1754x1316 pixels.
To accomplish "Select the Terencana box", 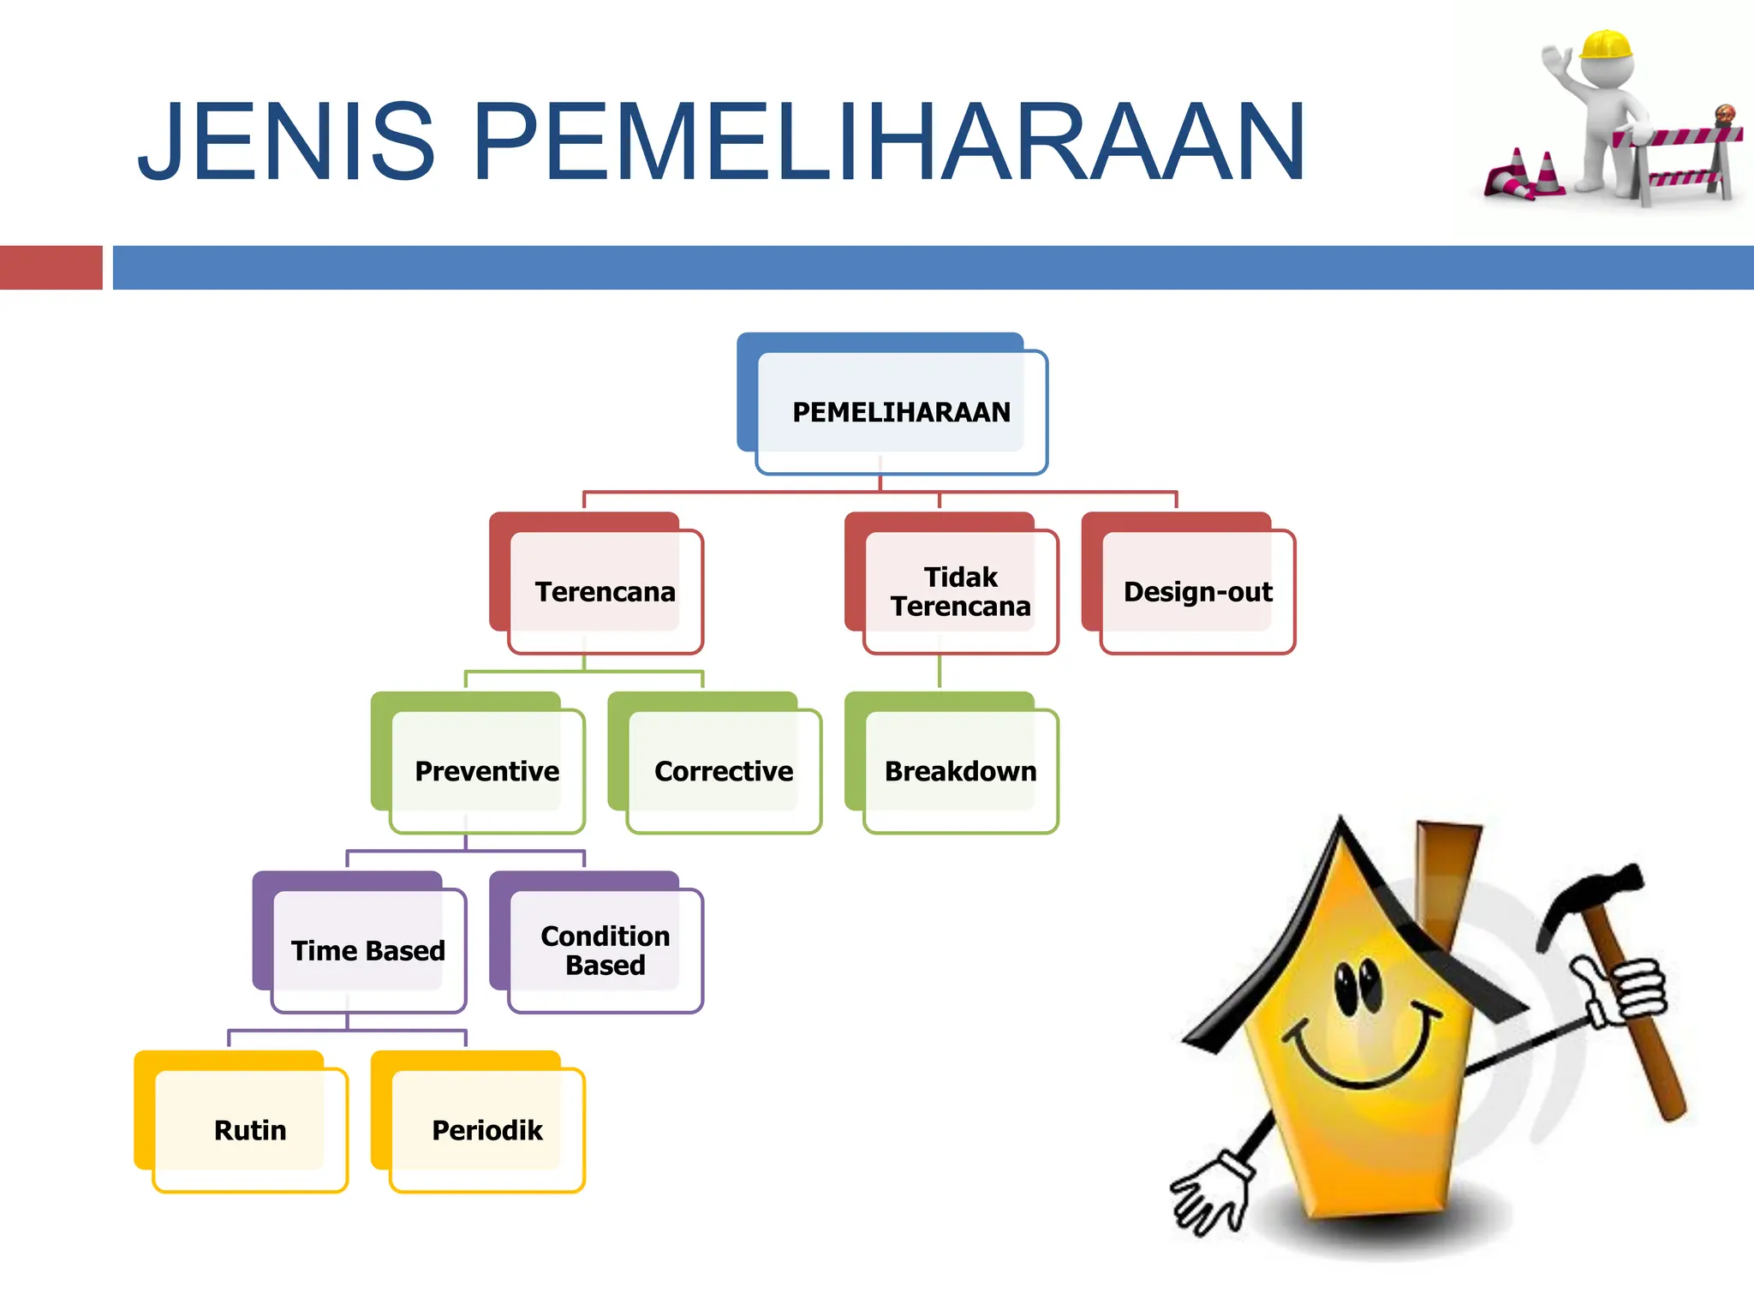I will click(x=605, y=592).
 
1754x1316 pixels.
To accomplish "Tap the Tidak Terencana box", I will click(x=960, y=592).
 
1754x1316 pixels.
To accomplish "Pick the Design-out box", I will click(x=1197, y=592).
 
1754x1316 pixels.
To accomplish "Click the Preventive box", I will click(x=486, y=771).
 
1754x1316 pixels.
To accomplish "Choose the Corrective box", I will click(x=724, y=771).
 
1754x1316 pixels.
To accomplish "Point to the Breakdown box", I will click(x=960, y=771).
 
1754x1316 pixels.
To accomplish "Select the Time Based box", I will click(x=368, y=951).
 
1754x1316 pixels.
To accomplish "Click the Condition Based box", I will click(x=605, y=951).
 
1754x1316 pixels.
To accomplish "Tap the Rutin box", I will click(x=250, y=1130).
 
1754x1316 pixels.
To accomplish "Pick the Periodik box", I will click(x=486, y=1130).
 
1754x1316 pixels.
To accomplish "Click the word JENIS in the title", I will click(x=287, y=142).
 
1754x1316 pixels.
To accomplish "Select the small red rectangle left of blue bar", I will click(x=51, y=267).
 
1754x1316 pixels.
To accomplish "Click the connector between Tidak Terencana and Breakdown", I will click(x=940, y=673).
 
